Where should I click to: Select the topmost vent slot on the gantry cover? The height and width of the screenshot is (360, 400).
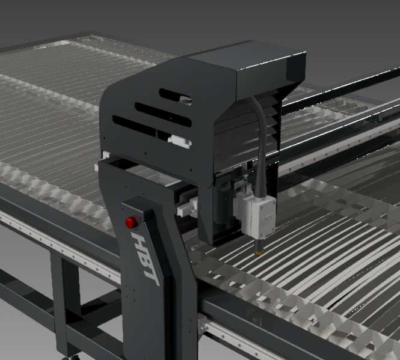(x=175, y=97)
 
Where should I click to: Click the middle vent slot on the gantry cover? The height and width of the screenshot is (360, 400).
(x=163, y=114)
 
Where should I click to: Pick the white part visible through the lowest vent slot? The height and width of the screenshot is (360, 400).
(x=179, y=141)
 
